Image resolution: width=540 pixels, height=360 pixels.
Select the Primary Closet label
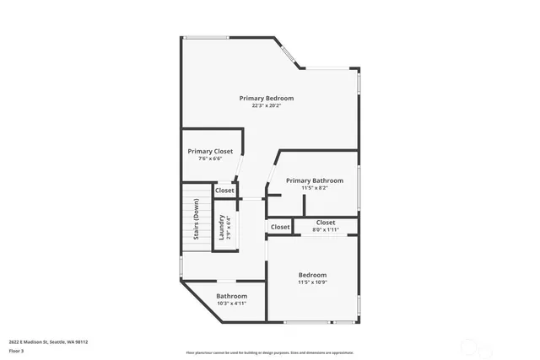pos(210,151)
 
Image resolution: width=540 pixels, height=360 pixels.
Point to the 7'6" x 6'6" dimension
pos(210,159)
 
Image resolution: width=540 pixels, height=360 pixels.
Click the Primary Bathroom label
pos(314,180)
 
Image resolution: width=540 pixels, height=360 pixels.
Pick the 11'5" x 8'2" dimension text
pos(314,188)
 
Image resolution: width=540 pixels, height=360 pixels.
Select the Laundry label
pos(221,227)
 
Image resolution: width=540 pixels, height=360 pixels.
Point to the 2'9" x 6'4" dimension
pos(228,227)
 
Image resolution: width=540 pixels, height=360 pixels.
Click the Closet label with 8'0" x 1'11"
pos(326,223)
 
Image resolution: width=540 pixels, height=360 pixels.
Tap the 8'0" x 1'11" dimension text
pos(326,229)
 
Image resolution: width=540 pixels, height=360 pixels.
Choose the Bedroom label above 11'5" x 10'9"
pos(312,276)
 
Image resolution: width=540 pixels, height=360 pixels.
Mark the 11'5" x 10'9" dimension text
pos(312,283)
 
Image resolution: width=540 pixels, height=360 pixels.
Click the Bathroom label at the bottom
pos(231,296)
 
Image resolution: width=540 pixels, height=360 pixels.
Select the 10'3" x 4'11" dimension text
pos(231,304)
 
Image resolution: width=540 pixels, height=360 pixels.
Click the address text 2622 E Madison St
pos(48,341)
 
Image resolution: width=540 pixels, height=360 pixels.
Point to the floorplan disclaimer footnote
pos(269,352)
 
